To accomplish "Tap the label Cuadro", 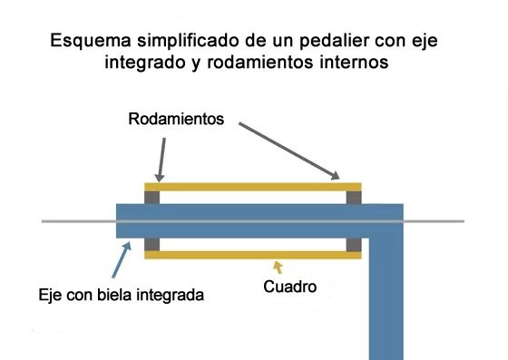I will [x=290, y=287].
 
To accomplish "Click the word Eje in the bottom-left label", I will [x=51, y=295].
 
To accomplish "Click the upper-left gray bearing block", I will [x=152, y=197].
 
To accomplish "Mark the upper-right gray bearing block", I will [x=354, y=197].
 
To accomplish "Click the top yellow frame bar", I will [x=253, y=186].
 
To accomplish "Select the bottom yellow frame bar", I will [x=253, y=255].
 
